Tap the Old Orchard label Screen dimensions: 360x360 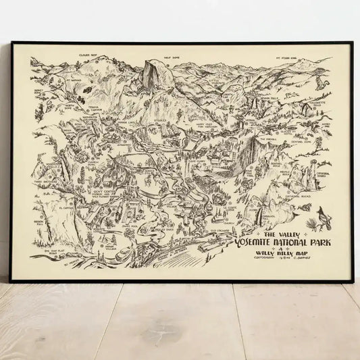(222, 232)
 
